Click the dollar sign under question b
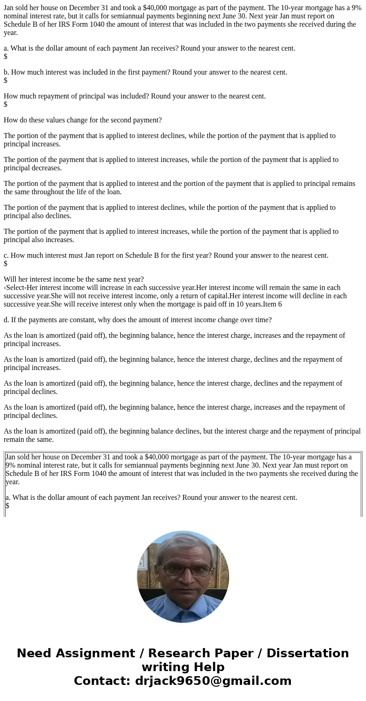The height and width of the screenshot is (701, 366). [x=6, y=81]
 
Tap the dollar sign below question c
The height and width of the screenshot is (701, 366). [x=6, y=264]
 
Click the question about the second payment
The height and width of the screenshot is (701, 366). [x=83, y=120]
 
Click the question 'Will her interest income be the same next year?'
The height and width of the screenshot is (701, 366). [x=74, y=279]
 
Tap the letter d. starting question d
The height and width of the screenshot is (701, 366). [x=6, y=320]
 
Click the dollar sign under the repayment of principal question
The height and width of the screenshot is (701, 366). [x=6, y=104]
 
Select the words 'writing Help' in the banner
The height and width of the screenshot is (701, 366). [x=183, y=667]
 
